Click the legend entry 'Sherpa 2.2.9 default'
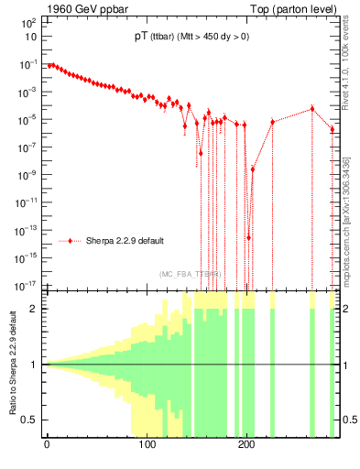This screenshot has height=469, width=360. point(125,241)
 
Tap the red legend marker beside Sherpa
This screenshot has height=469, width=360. point(71,241)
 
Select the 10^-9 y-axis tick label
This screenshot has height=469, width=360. point(27,174)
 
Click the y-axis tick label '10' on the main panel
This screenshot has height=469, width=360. point(31,38)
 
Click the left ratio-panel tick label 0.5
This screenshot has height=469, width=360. point(30,420)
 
